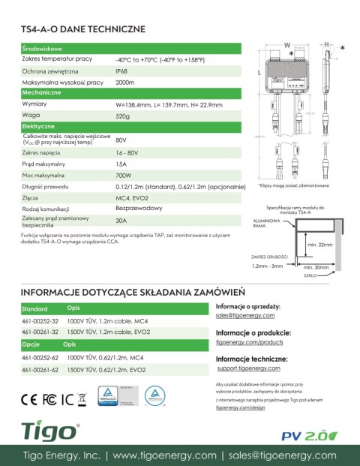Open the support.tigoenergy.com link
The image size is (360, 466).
248,369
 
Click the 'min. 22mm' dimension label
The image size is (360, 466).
320,245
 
